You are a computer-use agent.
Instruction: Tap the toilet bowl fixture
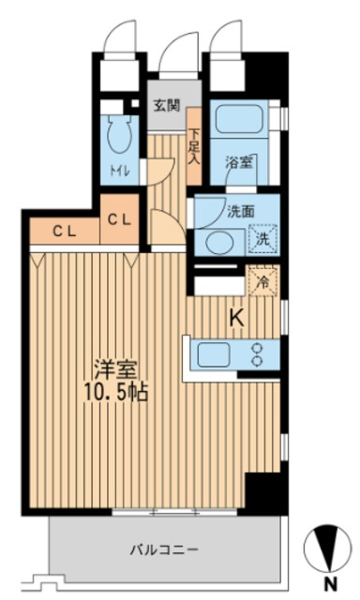point(119,138)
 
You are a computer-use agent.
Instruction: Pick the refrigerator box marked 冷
point(264,278)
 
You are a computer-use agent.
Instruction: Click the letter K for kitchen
point(237,319)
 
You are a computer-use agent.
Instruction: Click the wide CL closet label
point(63,228)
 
